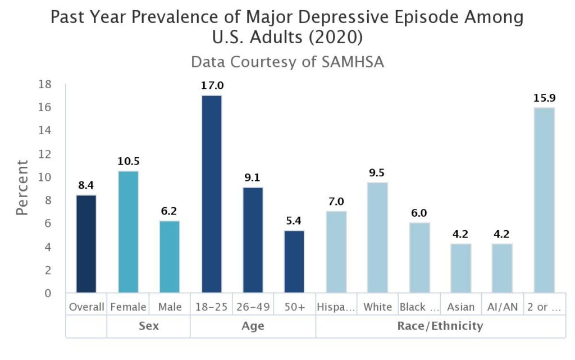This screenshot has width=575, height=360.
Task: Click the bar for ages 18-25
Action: (x=211, y=194)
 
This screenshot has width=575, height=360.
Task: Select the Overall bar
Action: (x=86, y=244)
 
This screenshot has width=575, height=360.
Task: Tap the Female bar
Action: (x=128, y=231)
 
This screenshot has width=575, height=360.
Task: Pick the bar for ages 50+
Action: (x=294, y=261)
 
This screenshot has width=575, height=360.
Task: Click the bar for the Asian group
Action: (x=460, y=268)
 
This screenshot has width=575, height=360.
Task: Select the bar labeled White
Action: (x=377, y=237)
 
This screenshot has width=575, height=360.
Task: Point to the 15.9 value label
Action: (x=544, y=98)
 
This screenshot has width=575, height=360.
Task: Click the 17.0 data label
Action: (x=212, y=86)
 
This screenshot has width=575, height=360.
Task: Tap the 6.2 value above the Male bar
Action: (x=170, y=212)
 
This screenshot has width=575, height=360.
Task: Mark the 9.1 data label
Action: (x=253, y=178)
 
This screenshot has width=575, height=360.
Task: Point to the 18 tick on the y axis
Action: (x=45, y=84)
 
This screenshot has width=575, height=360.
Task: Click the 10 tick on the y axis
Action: (x=45, y=177)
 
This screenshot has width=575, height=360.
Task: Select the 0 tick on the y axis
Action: (x=48, y=293)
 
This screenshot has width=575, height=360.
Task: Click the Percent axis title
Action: (x=22, y=188)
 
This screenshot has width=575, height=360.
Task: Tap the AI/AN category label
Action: (x=502, y=307)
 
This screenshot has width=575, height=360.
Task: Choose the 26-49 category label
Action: (x=253, y=307)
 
